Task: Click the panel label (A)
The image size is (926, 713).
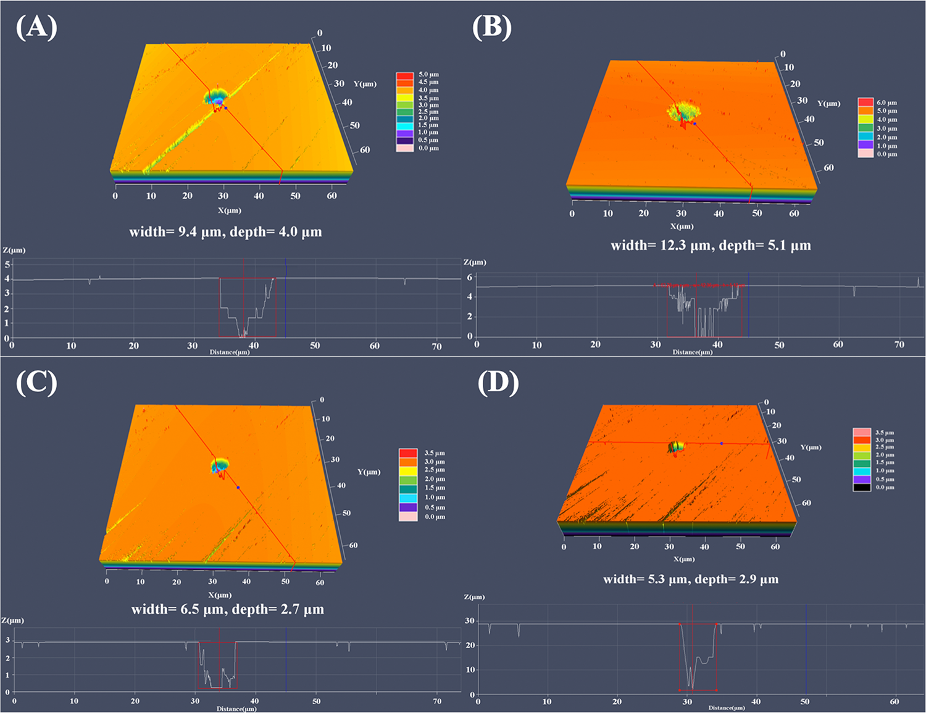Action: click(x=36, y=28)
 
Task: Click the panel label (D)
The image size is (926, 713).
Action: click(x=498, y=383)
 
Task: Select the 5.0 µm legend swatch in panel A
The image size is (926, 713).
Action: click(x=404, y=75)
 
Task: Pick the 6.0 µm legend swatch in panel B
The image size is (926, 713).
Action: click(x=866, y=102)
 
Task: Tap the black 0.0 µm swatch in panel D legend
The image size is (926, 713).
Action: click(x=862, y=487)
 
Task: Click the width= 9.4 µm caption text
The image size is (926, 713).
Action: click(x=177, y=232)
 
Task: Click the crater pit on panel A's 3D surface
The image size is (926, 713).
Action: click(x=216, y=98)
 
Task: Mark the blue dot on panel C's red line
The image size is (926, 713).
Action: click(x=238, y=488)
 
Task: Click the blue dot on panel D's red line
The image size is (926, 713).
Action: click(x=722, y=443)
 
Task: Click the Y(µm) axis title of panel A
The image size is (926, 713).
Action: click(x=365, y=83)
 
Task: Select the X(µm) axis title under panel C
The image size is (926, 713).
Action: click(x=220, y=595)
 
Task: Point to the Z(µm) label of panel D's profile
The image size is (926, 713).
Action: click(x=474, y=597)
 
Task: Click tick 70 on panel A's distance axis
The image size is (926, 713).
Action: click(x=436, y=346)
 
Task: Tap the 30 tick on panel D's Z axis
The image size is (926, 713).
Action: click(x=470, y=621)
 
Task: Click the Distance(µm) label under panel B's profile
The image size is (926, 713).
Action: click(x=692, y=352)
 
